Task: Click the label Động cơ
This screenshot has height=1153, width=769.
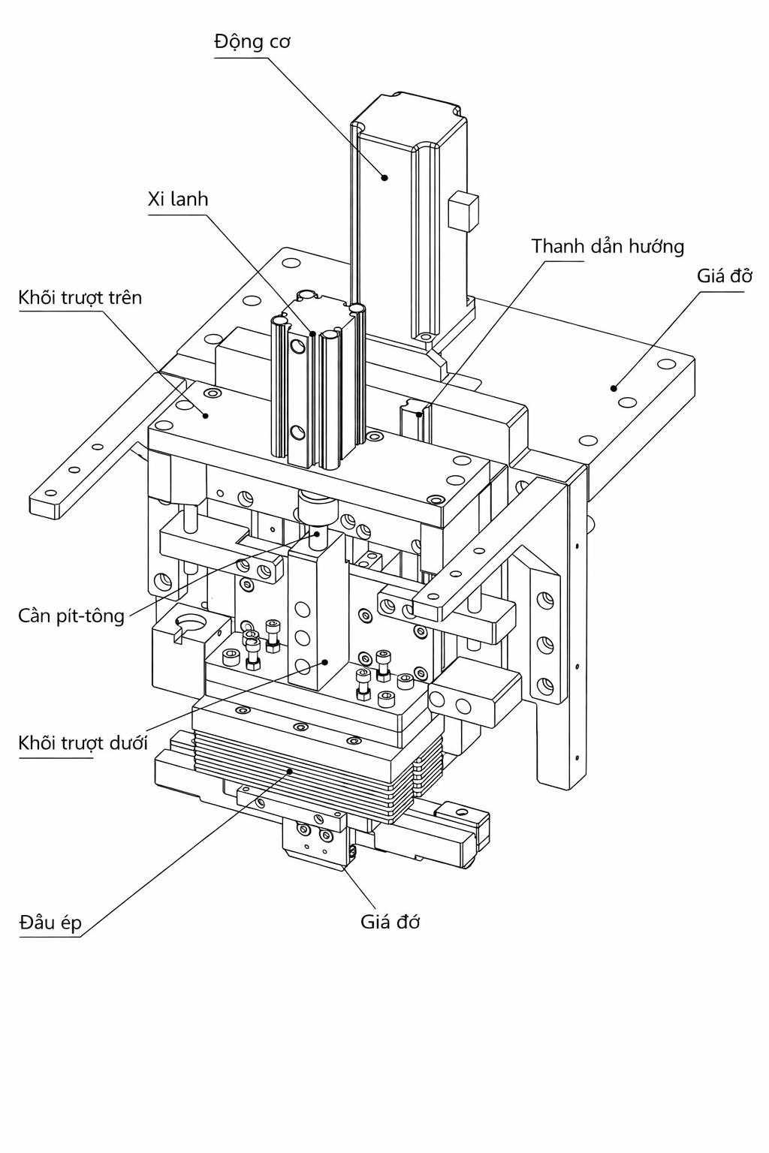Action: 252,41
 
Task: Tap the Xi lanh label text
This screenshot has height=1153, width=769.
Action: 178,200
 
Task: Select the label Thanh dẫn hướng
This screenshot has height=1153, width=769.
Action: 608,246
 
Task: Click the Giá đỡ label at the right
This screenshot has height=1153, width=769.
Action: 724,275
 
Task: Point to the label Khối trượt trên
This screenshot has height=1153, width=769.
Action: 80,298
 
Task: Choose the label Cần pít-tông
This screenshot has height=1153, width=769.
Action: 71,616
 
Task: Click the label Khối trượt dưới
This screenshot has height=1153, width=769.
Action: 83,743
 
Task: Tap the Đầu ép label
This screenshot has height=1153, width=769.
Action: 50,923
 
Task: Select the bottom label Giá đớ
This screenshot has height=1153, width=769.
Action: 390,922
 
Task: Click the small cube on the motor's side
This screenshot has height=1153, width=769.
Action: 462,211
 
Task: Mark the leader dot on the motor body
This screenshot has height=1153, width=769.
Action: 384,178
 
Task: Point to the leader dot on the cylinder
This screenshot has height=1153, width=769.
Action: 312,333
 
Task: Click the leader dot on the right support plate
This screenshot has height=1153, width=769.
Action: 614,388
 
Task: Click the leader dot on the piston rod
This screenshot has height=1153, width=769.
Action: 318,533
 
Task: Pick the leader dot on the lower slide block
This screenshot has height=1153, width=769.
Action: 325,661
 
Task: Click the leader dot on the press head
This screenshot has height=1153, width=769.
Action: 290,771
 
